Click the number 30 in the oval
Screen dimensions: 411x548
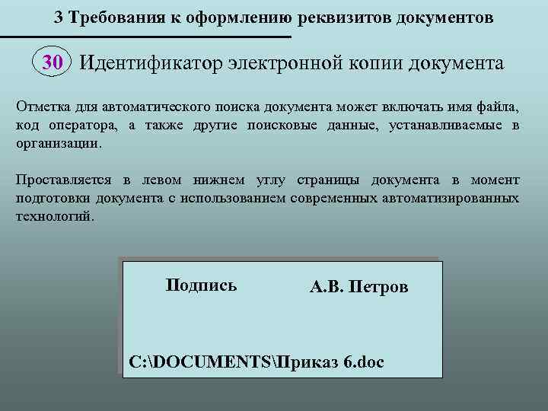click(x=53, y=62)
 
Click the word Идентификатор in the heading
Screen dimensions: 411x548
click(x=150, y=62)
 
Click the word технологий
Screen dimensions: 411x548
click(x=55, y=215)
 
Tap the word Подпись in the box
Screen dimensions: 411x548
click(x=201, y=285)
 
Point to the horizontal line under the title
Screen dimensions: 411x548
click(x=145, y=37)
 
